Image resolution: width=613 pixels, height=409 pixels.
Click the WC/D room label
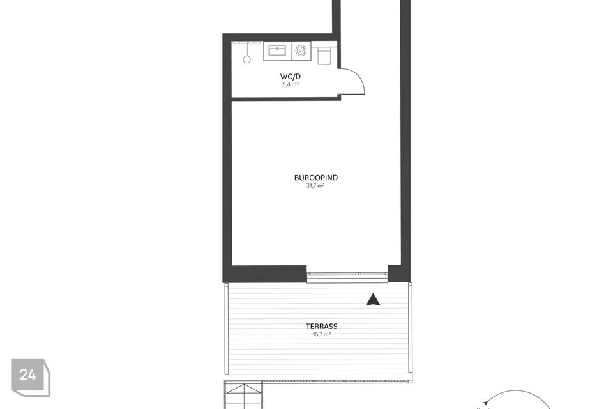coord(290,77)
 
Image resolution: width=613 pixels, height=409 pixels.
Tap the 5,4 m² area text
coord(291,84)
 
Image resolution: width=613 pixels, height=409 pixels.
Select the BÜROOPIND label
coord(316,178)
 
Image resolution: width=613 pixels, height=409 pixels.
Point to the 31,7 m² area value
coord(315,186)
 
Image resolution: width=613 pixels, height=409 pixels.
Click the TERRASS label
coord(321,327)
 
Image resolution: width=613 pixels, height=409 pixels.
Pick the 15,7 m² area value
coord(321,335)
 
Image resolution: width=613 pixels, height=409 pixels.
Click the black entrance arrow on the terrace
coord(373,300)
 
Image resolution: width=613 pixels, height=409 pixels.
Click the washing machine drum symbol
coord(301,51)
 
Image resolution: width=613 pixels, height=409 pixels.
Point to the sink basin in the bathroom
coord(277,51)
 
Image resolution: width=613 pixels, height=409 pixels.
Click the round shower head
coord(246,59)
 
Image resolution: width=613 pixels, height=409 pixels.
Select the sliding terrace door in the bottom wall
coord(347,276)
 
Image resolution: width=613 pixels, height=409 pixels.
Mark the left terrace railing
coord(226,328)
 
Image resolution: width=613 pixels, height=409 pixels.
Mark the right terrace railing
coord(410,327)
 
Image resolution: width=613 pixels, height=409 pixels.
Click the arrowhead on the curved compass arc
coord(485,403)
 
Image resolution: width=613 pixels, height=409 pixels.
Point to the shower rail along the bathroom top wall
coord(246,42)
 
